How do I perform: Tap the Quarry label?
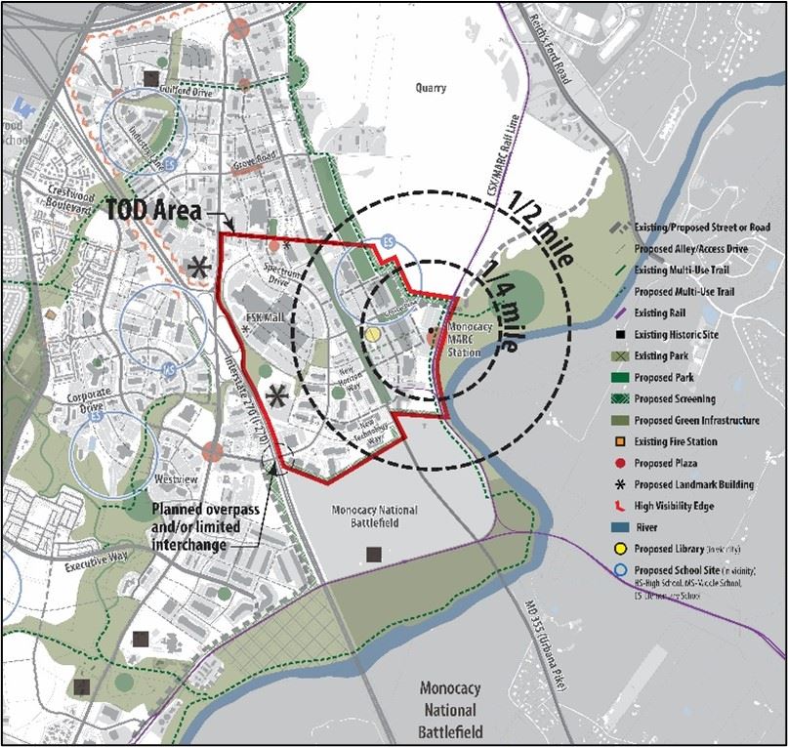pos(429,88)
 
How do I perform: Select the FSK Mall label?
pos(242,317)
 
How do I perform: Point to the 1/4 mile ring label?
pos(504,302)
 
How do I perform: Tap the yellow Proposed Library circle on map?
pos(372,334)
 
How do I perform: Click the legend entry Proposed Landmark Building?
pos(694,484)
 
